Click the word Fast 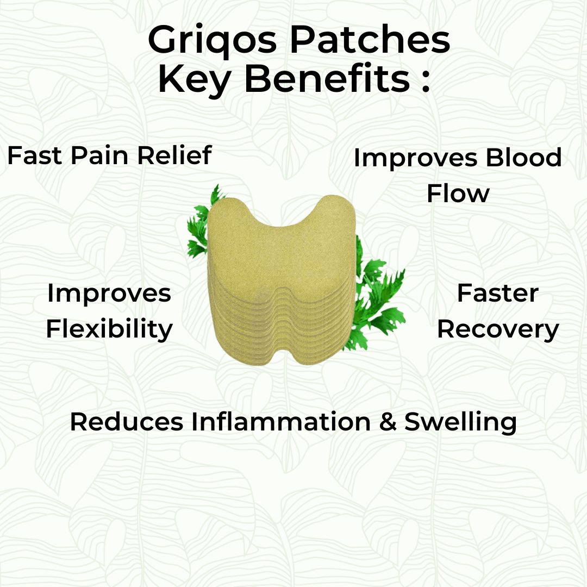[x=34, y=156]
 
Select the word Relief [x=174, y=156]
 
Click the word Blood [x=523, y=158]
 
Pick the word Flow [x=458, y=193]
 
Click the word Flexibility [x=109, y=329]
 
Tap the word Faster [x=497, y=293]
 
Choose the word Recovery [x=498, y=329]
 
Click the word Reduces [x=127, y=422]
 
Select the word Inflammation [x=280, y=422]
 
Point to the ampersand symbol [x=388, y=422]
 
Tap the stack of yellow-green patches [x=282, y=277]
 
